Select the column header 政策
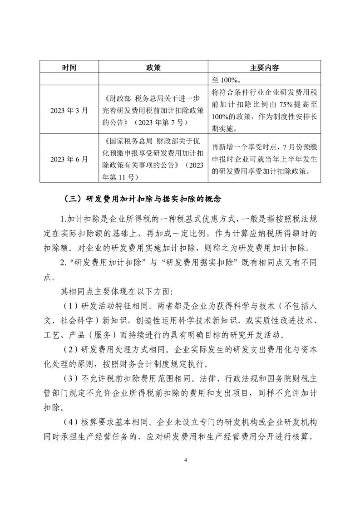[153, 68]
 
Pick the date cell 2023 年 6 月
[69, 159]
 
